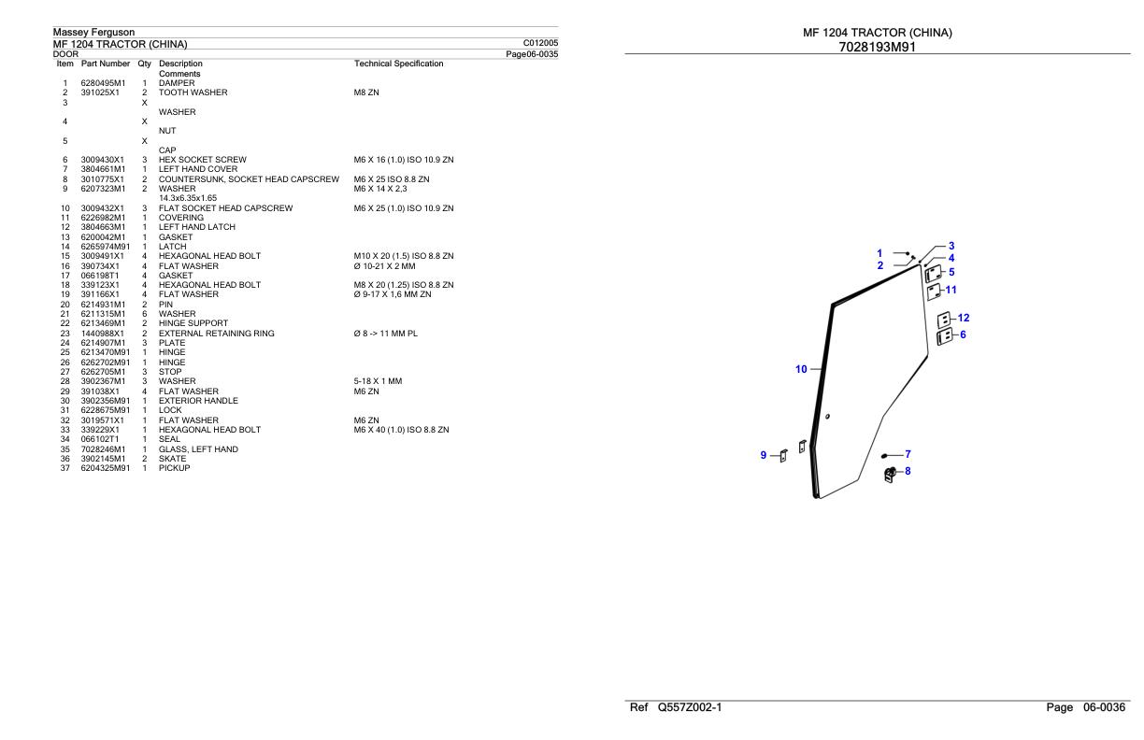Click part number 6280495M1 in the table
coord(103,83)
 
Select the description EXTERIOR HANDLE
coord(198,401)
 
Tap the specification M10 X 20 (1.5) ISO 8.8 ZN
coord(404,256)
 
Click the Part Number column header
coord(106,64)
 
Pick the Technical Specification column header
coord(398,64)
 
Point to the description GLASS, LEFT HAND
coord(198,449)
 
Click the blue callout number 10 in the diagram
coord(801,369)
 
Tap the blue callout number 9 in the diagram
coord(764,455)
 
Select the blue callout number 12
coord(964,318)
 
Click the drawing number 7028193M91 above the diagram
coord(878,48)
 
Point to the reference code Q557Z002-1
coord(690,707)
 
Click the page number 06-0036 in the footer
coord(1104,707)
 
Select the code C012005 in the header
coord(540,43)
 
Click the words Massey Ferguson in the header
coord(94,32)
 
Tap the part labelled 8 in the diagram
coord(890,475)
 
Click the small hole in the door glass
coord(827,417)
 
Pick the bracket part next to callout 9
coord(783,456)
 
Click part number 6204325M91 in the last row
coord(106,468)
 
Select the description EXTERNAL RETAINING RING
coord(217,334)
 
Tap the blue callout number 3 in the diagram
coord(951,246)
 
